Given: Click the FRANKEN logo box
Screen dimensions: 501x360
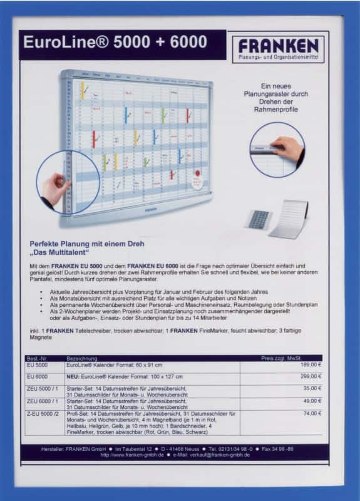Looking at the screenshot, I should coord(278,49).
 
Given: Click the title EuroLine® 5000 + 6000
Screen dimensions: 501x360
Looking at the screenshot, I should coord(115,43).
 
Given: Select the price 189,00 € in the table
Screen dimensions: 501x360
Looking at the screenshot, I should coord(311,364).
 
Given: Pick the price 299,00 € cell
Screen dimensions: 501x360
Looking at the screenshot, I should coord(311,376).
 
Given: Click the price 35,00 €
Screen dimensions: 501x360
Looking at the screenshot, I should coord(312,388).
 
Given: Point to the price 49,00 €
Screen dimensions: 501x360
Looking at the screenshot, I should coord(312,401).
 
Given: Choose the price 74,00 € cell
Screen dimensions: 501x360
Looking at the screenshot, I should coord(312,413).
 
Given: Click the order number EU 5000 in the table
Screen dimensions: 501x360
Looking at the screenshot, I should coord(37,364).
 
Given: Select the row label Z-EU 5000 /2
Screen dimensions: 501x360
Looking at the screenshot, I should coord(41,413).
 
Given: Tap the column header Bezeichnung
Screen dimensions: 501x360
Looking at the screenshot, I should coord(82,358).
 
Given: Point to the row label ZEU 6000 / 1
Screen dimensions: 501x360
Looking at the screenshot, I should coord(42,401).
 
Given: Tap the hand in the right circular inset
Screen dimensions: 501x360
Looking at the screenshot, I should coord(288,148).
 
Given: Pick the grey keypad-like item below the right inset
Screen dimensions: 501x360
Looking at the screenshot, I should coord(259,219).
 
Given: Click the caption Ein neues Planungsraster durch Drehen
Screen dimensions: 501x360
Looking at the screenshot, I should coord(277,97).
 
